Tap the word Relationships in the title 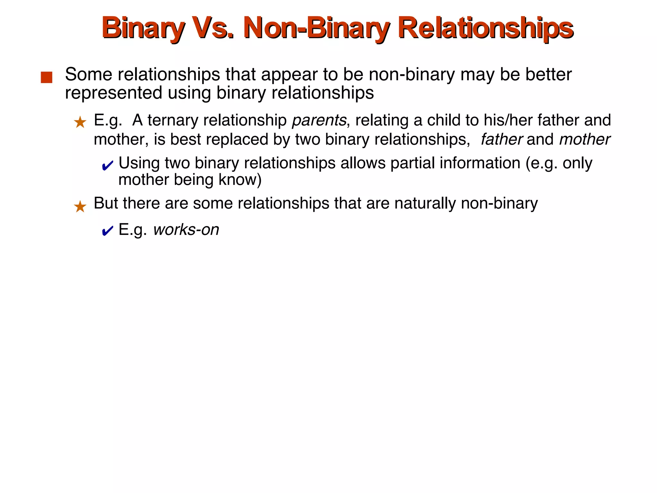point(485,28)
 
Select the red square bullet point(47,77)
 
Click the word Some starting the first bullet point(89,74)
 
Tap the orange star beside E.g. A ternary point(80,123)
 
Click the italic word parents point(319,120)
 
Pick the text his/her point(508,120)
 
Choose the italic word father point(502,139)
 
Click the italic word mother point(584,139)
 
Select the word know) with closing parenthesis point(240,179)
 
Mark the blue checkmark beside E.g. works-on point(107,231)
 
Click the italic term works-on point(186,230)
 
